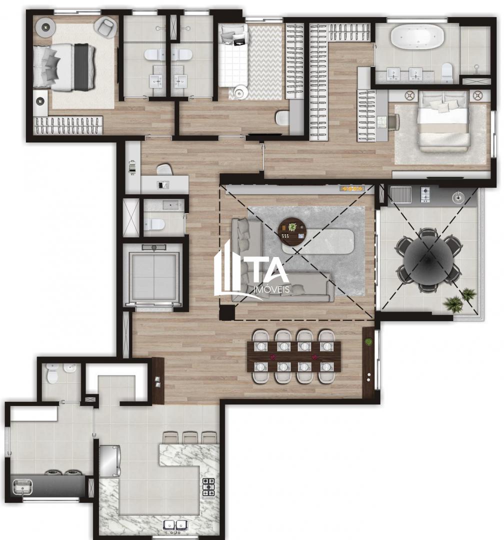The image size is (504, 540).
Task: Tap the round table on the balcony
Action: click(x=428, y=260)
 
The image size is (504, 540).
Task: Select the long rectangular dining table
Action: click(x=294, y=356)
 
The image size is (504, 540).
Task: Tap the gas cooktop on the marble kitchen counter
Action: click(x=208, y=487)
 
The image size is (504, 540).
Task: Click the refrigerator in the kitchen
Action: click(x=109, y=460)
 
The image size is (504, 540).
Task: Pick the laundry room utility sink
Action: click(x=21, y=485)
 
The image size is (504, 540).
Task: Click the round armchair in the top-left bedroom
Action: click(x=106, y=26)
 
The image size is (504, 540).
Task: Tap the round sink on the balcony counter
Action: click(x=458, y=197)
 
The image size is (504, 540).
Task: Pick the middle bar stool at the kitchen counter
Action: click(x=190, y=438)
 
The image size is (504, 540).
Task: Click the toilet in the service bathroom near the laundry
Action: click(x=52, y=373)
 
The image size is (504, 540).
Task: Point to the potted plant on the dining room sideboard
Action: click(x=369, y=341)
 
